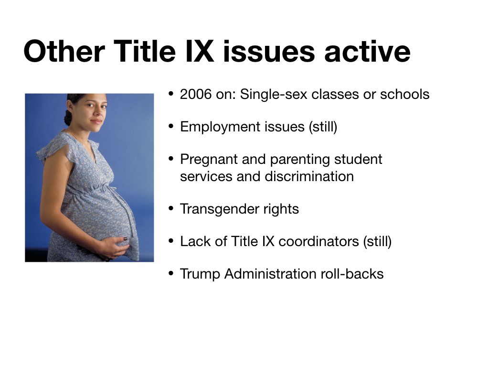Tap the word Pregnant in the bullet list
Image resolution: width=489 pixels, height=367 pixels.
click(209, 160)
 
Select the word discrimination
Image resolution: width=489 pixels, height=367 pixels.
click(309, 176)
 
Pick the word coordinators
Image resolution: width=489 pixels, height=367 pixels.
click(319, 241)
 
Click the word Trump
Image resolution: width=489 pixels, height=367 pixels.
click(200, 274)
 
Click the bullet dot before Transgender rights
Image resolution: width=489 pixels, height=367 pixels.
click(170, 208)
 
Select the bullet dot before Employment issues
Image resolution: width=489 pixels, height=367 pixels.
click(170, 126)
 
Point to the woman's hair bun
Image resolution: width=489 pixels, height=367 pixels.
click(68, 118)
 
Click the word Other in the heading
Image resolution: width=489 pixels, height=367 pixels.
click(64, 51)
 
